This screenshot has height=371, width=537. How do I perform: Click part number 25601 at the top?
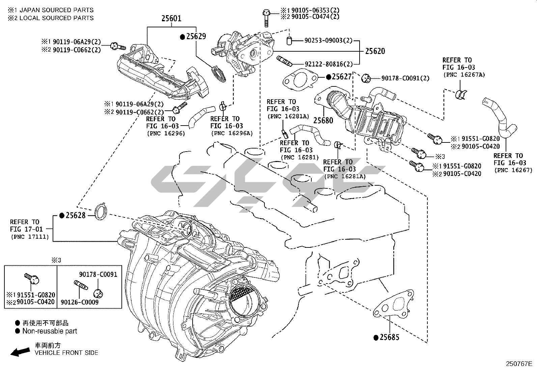tap(171, 18)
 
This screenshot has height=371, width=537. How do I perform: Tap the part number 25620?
tap(375, 51)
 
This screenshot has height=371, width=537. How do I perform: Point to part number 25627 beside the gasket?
tap(341, 77)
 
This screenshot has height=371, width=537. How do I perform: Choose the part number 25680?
tap(323, 120)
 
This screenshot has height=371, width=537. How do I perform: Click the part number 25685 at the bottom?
tap(389, 337)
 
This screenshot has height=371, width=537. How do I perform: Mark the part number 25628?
tap(76, 215)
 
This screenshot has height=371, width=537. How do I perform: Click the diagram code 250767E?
tap(518, 364)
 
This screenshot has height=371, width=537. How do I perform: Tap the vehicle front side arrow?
tap(20, 352)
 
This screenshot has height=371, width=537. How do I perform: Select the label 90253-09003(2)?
tap(328, 41)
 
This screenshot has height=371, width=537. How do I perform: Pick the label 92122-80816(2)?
tap(329, 64)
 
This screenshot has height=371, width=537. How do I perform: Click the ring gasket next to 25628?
tap(100, 211)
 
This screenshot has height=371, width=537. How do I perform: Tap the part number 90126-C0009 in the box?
tap(80, 302)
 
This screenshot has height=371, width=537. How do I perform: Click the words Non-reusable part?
tap(50, 331)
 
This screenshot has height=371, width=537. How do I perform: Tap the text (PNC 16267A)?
tap(464, 75)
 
